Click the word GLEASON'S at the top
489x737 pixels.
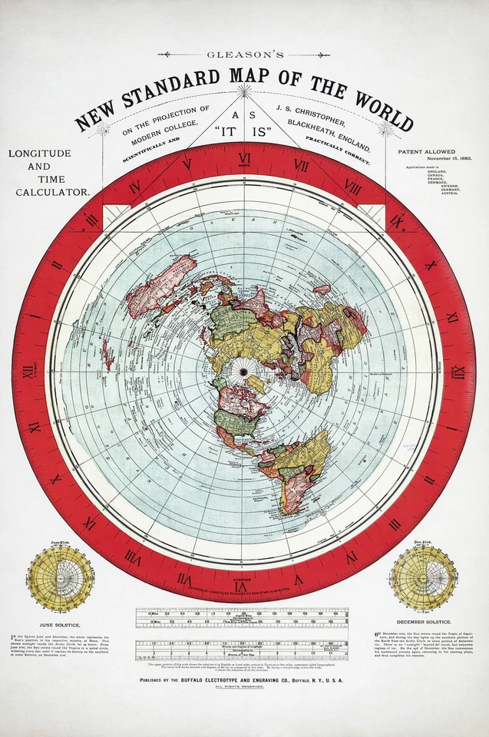(x=243, y=55)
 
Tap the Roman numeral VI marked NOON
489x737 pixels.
(x=244, y=157)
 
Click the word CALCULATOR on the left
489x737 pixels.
(x=52, y=192)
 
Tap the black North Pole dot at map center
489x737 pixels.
(x=244, y=372)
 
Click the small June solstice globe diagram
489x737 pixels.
(x=61, y=578)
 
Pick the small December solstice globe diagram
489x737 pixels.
(x=422, y=578)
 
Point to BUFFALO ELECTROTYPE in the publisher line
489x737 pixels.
(x=223, y=679)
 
